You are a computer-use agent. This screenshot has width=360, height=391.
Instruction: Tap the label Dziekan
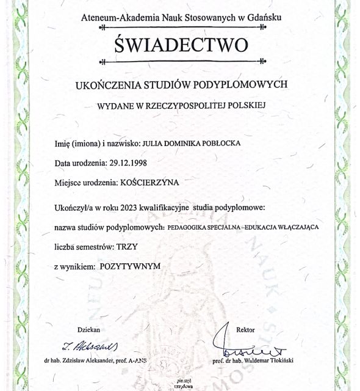84,329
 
